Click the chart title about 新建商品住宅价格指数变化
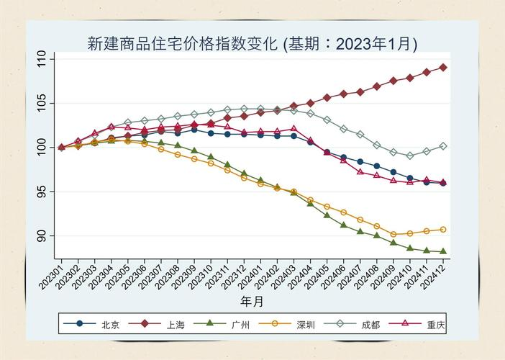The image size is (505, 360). point(252,43)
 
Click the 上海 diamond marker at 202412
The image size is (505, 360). point(442,67)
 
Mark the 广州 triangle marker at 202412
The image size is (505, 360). point(442,251)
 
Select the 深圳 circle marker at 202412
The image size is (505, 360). point(442,229)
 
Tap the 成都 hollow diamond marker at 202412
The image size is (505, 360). point(442,145)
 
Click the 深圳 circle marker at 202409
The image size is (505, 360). point(393,234)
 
